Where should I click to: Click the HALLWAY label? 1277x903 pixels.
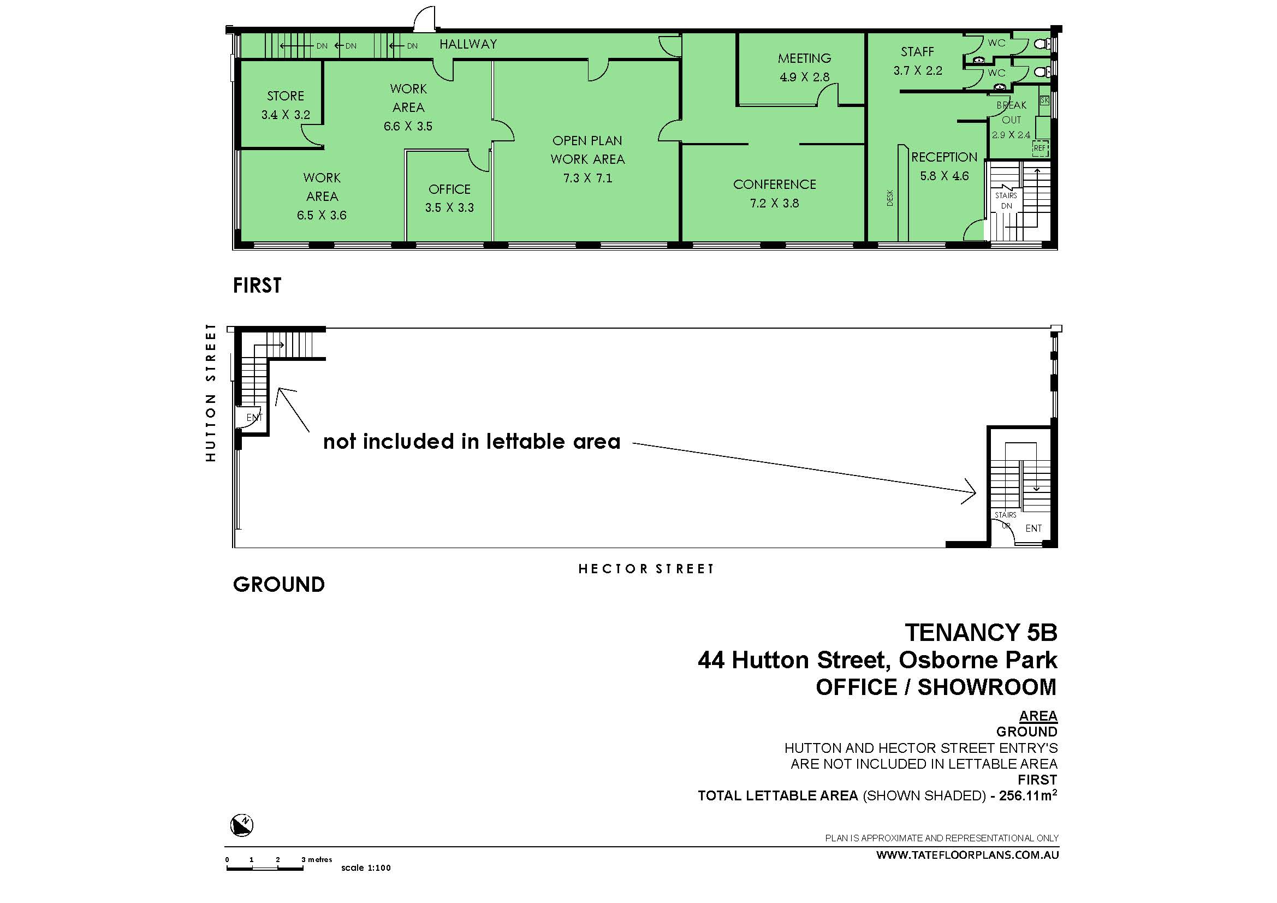coord(468,44)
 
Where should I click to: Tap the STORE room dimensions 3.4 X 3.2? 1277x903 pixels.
coord(286,115)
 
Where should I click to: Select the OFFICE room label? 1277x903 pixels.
coord(449,189)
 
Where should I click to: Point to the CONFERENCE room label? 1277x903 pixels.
coord(774,185)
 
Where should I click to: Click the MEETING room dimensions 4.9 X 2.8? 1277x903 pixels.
coord(804,78)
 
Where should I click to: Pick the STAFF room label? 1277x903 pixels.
coord(917,52)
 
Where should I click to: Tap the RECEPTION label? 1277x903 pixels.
coord(944,157)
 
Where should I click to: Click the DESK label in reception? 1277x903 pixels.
coord(890,198)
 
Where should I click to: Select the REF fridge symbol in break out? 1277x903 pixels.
coord(1040,148)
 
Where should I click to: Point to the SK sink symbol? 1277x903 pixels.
coord(1044,100)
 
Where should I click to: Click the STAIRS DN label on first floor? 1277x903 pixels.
coord(1006,201)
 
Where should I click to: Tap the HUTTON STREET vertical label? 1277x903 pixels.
coord(210,393)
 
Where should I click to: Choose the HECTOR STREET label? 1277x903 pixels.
coord(646,569)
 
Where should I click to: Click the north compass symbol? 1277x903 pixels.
coord(242,824)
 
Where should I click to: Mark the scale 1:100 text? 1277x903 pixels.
coord(366,868)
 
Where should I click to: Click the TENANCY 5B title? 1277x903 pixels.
coord(981,633)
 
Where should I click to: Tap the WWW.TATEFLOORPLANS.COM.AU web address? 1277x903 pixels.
coord(967,855)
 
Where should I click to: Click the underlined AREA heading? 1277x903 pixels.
coord(1038,716)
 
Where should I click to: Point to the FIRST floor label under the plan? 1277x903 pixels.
coord(257,286)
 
